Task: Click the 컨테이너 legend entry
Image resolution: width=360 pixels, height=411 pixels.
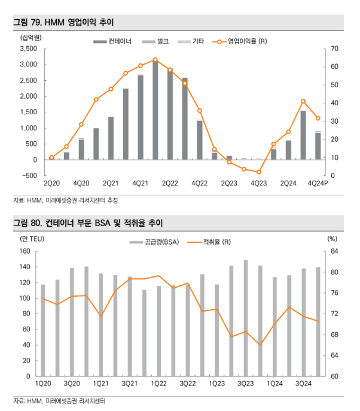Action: click(x=112, y=41)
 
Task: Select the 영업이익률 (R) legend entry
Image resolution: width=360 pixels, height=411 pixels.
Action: click(x=239, y=41)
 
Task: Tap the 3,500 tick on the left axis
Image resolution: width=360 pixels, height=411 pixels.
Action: click(x=29, y=48)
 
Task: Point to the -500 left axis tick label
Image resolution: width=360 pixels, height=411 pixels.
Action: click(x=30, y=176)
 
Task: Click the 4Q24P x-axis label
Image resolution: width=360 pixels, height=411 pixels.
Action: click(x=318, y=183)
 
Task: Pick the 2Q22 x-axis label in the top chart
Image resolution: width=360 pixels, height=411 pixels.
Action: click(x=170, y=183)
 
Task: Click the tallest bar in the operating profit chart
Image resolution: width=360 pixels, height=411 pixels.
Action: click(x=155, y=109)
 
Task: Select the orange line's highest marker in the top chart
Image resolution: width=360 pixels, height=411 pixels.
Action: click(x=155, y=60)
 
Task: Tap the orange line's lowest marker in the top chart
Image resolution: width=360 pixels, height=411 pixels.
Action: click(x=259, y=172)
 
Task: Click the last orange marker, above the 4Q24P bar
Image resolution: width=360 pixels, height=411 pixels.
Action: click(x=318, y=118)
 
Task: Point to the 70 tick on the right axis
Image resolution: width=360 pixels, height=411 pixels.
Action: click(x=335, y=48)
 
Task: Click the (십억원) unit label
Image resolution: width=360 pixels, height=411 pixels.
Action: click(x=31, y=38)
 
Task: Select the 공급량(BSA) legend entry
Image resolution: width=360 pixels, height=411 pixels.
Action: click(x=154, y=242)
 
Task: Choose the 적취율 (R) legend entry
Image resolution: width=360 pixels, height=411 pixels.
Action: click(x=209, y=242)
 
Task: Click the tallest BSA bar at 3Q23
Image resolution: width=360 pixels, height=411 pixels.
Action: click(x=246, y=318)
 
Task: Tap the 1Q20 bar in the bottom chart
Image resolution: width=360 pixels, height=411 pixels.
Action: click(x=43, y=330)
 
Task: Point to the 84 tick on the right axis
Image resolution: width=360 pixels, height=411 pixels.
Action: click(x=335, y=251)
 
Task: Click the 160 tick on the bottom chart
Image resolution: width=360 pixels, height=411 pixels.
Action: click(x=25, y=251)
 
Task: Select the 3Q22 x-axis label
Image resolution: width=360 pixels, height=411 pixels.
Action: click(x=188, y=383)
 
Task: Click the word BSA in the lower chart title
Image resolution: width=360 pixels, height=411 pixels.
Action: click(x=102, y=223)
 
